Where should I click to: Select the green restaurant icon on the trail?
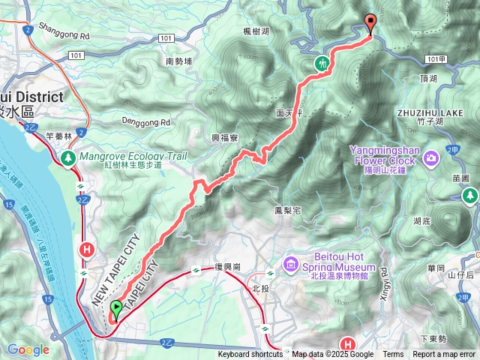(322, 64)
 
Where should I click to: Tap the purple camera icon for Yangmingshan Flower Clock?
(431, 157)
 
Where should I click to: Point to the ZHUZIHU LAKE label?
(428, 112)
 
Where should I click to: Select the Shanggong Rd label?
(64, 34)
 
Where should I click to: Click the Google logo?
(28, 349)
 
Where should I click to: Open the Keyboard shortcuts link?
(250, 355)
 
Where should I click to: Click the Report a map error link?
(444, 355)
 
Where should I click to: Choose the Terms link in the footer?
(393, 355)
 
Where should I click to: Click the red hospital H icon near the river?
(87, 249)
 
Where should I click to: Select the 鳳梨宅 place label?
(287, 211)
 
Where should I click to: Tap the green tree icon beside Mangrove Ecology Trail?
(68, 157)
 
